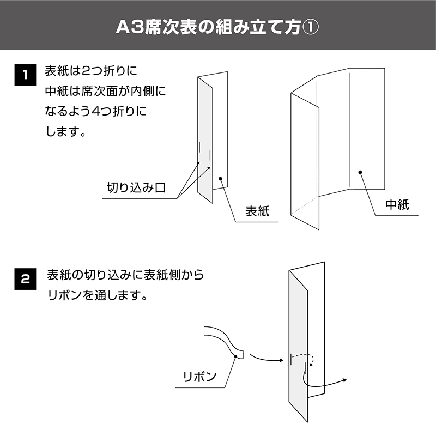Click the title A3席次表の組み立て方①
pyautogui.click(x=217, y=27)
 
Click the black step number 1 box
pyautogui.click(x=25, y=75)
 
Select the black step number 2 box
pyautogui.click(x=25, y=279)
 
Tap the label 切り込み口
pyautogui.click(x=136, y=187)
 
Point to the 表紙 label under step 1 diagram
pyautogui.click(x=257, y=211)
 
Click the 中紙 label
pyautogui.click(x=397, y=205)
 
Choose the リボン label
pyautogui.click(x=199, y=377)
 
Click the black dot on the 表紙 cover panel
pyautogui.click(x=221, y=179)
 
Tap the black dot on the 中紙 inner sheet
pyautogui.click(x=360, y=172)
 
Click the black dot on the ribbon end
pyautogui.click(x=236, y=356)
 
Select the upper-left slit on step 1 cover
pyautogui.click(x=199, y=147)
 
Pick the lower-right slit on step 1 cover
pyautogui.click(x=210, y=155)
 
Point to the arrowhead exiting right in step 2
pyautogui.click(x=345, y=380)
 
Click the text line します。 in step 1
pyautogui.click(x=65, y=131)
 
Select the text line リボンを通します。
pyautogui.click(x=98, y=295)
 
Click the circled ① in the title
pyautogui.click(x=310, y=27)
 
